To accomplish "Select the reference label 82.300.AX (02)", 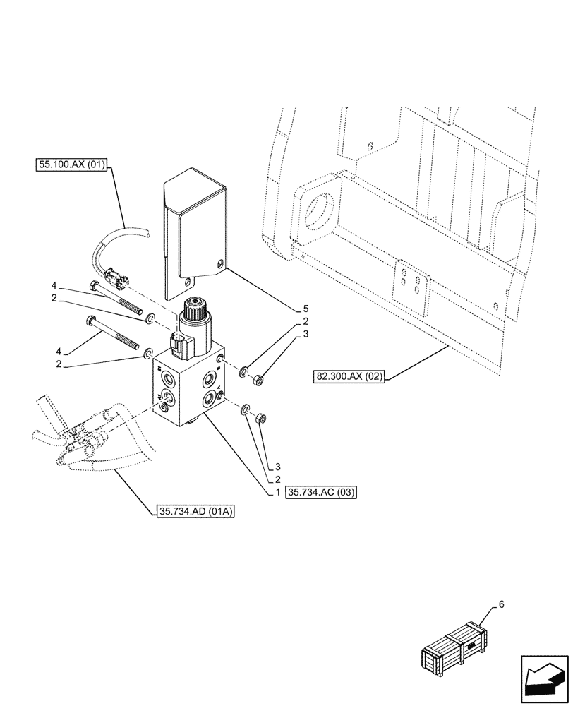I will tap(349, 376).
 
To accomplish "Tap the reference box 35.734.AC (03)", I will tap(322, 491).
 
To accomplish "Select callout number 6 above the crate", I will tap(501, 604).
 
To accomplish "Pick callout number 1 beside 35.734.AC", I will tap(278, 491).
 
